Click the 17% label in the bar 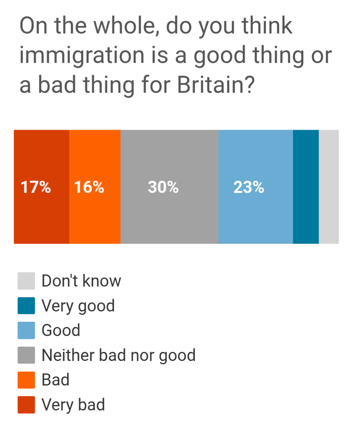[36, 187]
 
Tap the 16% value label [89, 187]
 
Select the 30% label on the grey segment [163, 187]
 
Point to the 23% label [248, 187]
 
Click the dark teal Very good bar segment [306, 187]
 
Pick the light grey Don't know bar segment [329, 187]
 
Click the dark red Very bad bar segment [42, 187]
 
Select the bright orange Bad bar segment [95, 187]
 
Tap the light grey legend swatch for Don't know [26, 281]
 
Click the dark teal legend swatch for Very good [26, 306]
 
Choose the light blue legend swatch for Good [26, 330]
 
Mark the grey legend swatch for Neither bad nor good [26, 355]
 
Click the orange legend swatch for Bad [26, 380]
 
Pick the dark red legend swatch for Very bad [26, 405]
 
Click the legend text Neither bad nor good [118, 355]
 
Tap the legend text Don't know [81, 281]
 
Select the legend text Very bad [73, 405]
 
